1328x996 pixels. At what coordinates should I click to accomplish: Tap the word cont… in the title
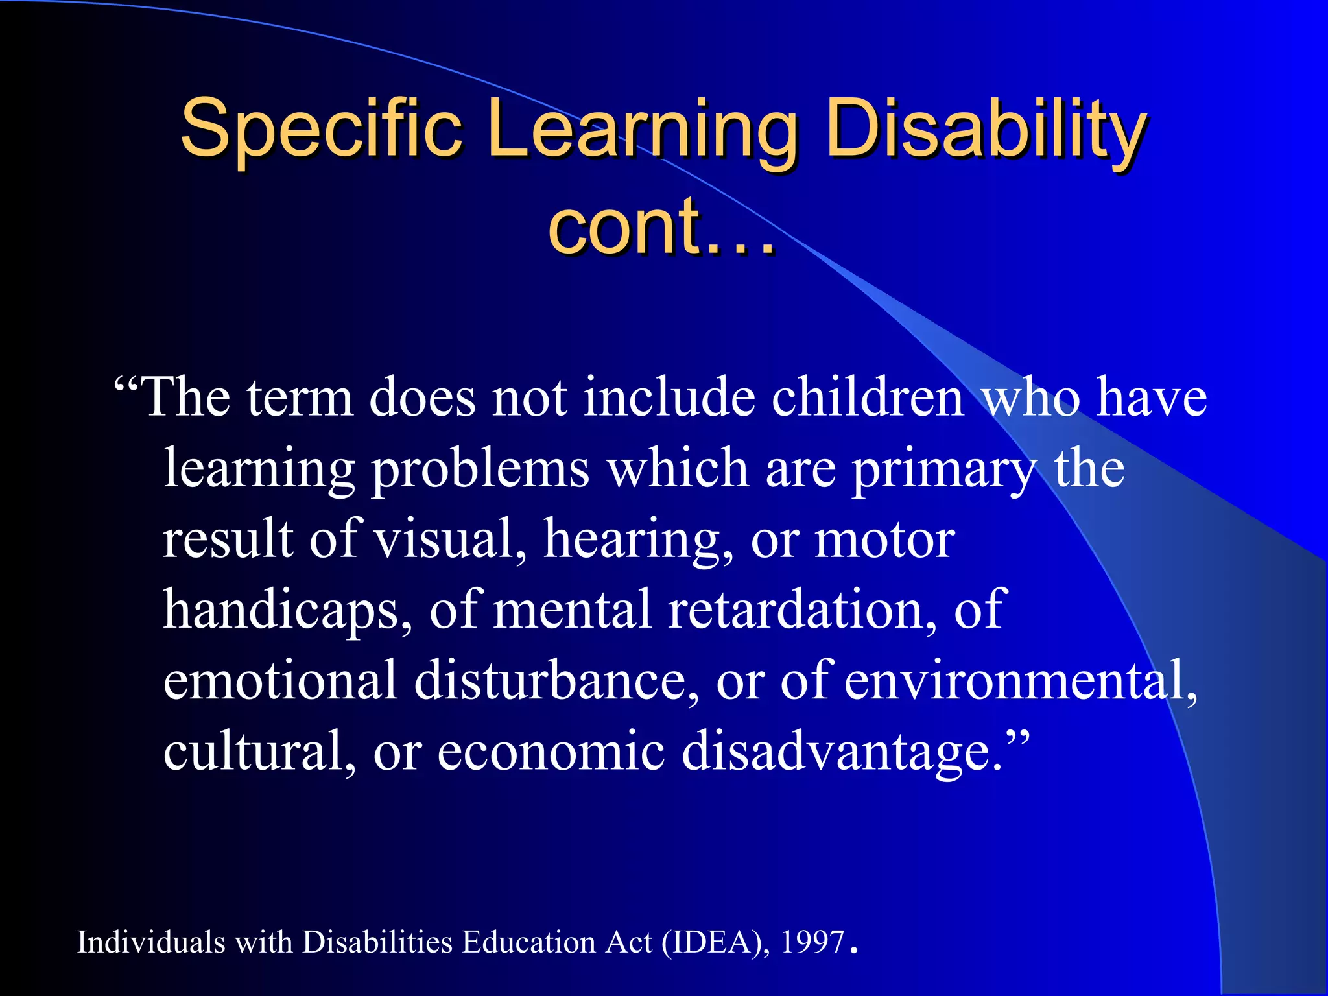tap(661, 227)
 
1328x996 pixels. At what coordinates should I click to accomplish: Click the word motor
tap(884, 539)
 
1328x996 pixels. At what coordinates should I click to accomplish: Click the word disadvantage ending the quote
tap(843, 752)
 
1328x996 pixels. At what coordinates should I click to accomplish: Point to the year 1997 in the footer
tap(813, 942)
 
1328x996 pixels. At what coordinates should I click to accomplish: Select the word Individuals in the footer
tap(151, 942)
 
